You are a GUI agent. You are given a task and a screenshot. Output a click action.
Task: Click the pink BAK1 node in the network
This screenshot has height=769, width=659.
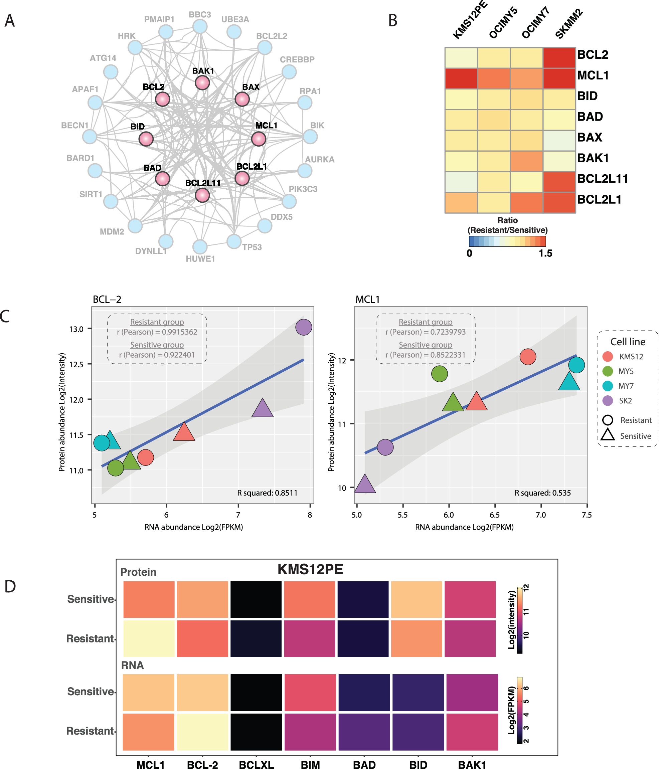point(202,82)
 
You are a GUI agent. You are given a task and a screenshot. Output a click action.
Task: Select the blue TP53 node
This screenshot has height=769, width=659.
point(234,241)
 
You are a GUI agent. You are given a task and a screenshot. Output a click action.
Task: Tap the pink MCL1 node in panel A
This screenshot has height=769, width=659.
point(259,139)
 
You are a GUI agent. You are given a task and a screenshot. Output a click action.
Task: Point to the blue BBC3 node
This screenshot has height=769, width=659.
point(200,26)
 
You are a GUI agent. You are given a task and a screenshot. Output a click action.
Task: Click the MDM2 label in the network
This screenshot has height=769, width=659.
point(112,232)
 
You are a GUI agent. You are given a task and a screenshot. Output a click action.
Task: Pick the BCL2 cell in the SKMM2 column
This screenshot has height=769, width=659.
point(559,57)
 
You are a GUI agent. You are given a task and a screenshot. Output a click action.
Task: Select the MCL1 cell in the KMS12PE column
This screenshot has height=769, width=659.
point(461,78)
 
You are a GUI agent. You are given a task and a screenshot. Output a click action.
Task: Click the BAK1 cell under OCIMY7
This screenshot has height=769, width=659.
point(526,161)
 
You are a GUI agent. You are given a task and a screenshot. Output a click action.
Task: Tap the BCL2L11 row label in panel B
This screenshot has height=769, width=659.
point(602,179)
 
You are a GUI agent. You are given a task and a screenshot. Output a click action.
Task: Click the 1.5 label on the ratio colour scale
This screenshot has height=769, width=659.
point(545,253)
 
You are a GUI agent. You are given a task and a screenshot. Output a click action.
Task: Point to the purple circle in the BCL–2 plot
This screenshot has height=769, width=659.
point(303,327)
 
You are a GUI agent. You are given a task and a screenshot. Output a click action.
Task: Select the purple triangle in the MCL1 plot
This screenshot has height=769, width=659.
point(365,484)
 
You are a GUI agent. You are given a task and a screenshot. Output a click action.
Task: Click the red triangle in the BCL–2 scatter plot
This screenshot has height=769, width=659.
point(184,432)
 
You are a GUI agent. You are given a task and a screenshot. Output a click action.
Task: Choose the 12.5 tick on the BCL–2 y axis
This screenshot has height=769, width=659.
point(76,364)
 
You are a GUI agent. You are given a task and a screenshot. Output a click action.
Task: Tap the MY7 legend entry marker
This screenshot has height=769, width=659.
point(607,386)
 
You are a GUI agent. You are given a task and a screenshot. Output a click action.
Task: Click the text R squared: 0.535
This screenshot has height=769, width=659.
point(542,493)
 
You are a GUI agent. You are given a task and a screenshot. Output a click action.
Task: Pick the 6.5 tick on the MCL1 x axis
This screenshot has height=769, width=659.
point(495,515)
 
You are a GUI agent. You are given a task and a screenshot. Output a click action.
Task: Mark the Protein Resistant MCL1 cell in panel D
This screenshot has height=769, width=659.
point(149,638)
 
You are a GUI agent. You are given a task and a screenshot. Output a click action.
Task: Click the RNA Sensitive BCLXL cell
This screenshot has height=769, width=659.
point(256,692)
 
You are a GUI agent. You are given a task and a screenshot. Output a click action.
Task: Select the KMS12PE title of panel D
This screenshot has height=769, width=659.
point(310,569)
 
